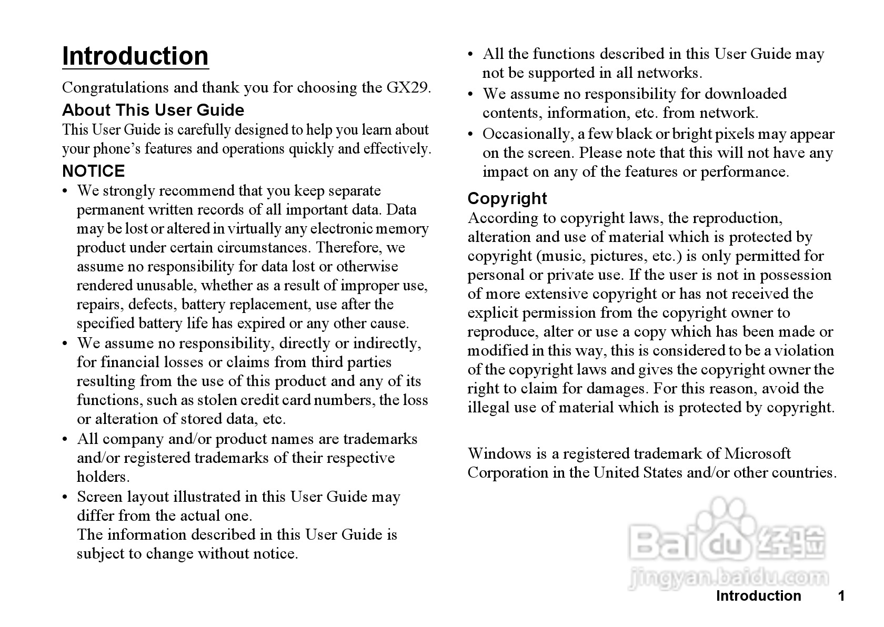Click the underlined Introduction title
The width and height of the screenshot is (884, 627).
[x=135, y=56]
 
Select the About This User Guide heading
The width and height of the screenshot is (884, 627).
[x=153, y=110]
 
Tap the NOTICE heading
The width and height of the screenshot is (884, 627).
[x=94, y=171]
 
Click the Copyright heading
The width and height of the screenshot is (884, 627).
[x=507, y=198]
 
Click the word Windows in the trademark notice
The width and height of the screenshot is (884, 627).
[x=499, y=453]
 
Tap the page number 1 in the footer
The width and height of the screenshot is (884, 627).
[x=841, y=595]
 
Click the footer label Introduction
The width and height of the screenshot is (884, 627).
[x=758, y=595]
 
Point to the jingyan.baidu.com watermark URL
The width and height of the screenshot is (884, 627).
[x=729, y=578]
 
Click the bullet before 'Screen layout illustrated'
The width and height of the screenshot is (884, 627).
[x=65, y=497]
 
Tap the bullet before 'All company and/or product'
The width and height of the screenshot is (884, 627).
[x=65, y=439]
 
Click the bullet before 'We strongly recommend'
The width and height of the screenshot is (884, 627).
[x=65, y=191]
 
